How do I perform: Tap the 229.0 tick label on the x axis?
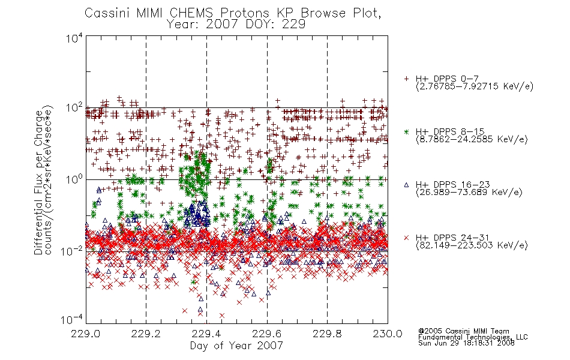86,334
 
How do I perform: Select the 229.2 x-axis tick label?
146,334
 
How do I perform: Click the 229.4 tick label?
206,334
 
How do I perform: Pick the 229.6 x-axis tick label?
267,334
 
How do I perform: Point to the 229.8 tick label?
327,334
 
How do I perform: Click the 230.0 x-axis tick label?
388,334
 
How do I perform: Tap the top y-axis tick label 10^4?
74,38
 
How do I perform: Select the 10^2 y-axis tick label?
74,109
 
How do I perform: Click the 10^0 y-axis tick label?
74,180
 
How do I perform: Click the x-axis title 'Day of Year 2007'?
236,346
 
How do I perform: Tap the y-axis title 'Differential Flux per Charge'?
38,182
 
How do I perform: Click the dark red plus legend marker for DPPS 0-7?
406,79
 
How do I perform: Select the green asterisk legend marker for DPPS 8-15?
406,131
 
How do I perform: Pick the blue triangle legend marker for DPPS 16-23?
406,185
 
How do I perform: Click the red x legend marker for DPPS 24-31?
406,238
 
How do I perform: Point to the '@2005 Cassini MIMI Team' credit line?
463,331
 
